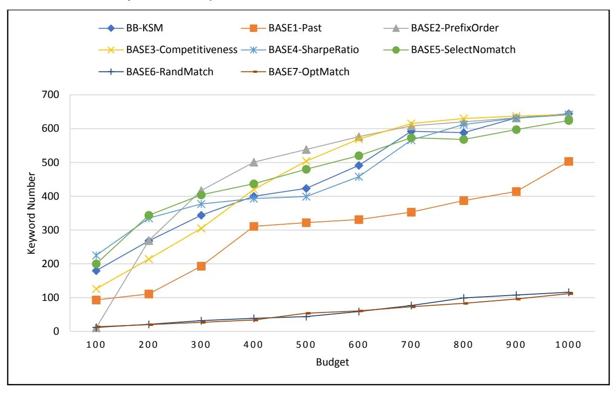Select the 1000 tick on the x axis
[568, 345]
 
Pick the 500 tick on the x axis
[306, 345]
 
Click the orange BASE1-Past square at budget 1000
[569, 162]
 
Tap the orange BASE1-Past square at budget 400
[254, 226]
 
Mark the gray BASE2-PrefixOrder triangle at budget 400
[254, 162]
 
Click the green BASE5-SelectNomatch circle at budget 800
[464, 139]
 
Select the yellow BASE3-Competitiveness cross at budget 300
[201, 228]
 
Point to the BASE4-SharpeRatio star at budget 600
[359, 177]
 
